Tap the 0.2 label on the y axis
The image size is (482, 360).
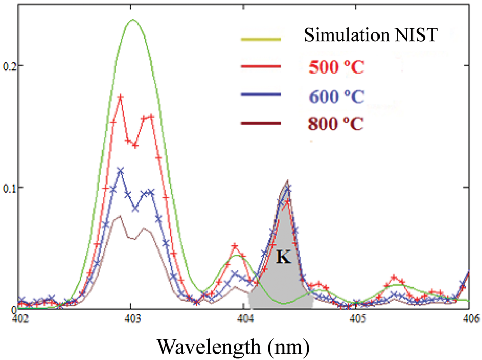9,66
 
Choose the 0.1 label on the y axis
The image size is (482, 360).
9,188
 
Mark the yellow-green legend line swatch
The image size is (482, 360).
260,38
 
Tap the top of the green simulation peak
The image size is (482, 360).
133,20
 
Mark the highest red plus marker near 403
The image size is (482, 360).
121,96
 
